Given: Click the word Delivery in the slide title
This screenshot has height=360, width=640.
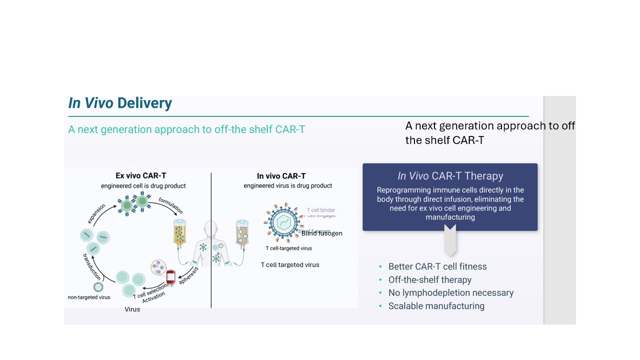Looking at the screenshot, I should pyautogui.click(x=144, y=103).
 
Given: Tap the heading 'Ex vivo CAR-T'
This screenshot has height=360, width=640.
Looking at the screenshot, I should pyautogui.click(x=141, y=175).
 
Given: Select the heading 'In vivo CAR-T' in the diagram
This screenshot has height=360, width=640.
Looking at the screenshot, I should pyautogui.click(x=281, y=175).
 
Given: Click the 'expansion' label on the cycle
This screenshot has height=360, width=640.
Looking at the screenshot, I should pyautogui.click(x=96, y=214).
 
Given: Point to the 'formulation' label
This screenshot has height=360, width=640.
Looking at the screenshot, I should pyautogui.click(x=171, y=205).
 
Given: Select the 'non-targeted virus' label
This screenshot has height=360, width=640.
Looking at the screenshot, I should pyautogui.click(x=89, y=297).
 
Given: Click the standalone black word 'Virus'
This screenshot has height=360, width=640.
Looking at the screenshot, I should pyautogui.click(x=132, y=309).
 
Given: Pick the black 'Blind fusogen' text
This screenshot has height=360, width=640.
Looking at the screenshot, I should pyautogui.click(x=321, y=233).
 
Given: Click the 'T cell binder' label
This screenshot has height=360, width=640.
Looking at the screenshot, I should pyautogui.click(x=320, y=210).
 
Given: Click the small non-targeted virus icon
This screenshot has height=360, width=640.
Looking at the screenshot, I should pyautogui.click(x=98, y=287).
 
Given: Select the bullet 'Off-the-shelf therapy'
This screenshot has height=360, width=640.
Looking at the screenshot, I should pyautogui.click(x=429, y=280).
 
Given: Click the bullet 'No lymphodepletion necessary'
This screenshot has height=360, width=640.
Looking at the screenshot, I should pyautogui.click(x=450, y=293).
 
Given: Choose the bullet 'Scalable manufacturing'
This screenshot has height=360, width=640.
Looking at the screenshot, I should pyautogui.click(x=436, y=306).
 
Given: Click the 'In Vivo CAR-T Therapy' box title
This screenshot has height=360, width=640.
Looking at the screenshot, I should pyautogui.click(x=450, y=176).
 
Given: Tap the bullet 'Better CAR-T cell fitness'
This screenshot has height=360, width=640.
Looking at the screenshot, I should pyautogui.click(x=437, y=266).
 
